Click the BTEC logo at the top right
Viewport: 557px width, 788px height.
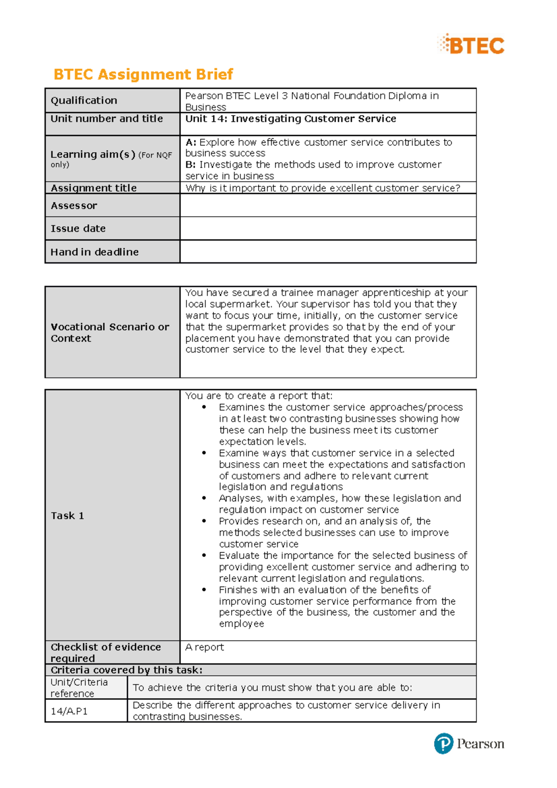(x=471, y=45)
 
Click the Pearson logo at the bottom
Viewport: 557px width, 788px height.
(x=469, y=743)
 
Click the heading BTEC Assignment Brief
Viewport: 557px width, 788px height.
(x=143, y=74)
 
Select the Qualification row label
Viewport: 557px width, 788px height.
(x=84, y=100)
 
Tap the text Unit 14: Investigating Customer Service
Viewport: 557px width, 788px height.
(x=291, y=119)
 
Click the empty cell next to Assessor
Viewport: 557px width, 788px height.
(x=328, y=206)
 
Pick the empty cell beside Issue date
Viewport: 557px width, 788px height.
(x=328, y=228)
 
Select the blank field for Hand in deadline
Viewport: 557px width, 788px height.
(x=328, y=252)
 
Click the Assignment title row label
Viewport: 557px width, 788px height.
(x=94, y=188)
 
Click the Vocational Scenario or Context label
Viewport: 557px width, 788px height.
(x=110, y=332)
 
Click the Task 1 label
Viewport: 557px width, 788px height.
(x=67, y=516)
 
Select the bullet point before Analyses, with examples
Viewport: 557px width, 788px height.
(x=204, y=498)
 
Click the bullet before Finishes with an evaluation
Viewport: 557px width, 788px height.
(x=204, y=590)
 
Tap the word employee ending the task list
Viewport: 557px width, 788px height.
(x=241, y=624)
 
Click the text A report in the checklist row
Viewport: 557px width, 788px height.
(x=205, y=647)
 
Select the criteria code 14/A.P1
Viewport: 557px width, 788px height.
(x=69, y=711)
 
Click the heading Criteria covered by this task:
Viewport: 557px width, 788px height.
(x=126, y=670)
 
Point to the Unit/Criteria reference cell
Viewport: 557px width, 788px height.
(x=79, y=687)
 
